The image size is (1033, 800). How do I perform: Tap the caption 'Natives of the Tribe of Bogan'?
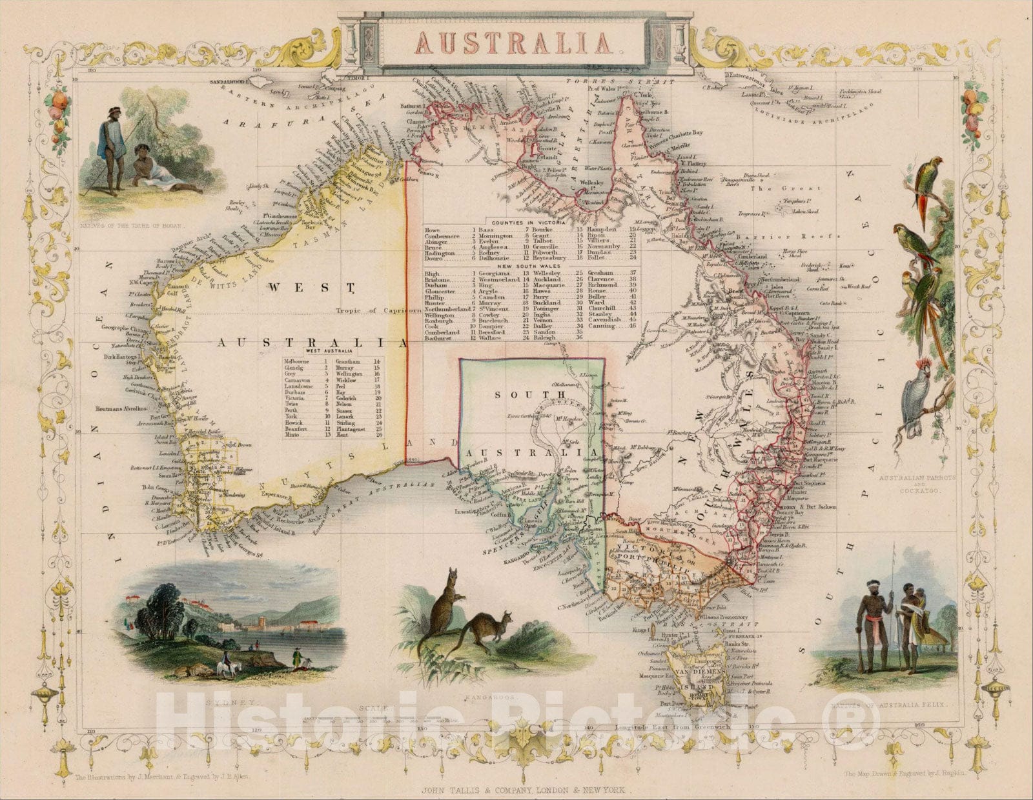click(x=132, y=226)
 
